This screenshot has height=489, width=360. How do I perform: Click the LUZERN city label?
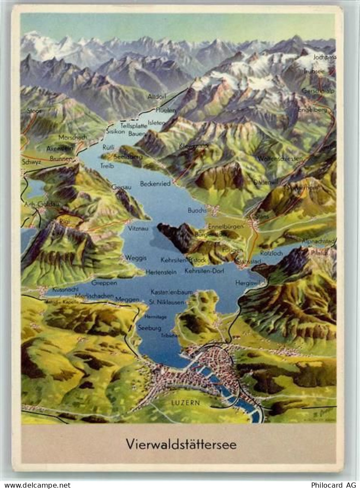click(185, 403)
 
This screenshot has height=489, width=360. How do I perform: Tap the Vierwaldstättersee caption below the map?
click(181, 444)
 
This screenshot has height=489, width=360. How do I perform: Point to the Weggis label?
click(136, 258)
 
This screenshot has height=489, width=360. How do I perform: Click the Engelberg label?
click(312, 110)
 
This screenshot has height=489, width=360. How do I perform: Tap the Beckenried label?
click(155, 183)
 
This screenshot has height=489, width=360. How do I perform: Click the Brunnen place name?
click(61, 159)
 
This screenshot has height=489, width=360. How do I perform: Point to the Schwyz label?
click(31, 162)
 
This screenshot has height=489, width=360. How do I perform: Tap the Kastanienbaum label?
click(172, 292)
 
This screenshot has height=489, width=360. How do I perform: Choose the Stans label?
click(262, 216)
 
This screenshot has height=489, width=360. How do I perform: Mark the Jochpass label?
click(325, 57)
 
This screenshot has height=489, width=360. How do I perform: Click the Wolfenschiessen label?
click(280, 159)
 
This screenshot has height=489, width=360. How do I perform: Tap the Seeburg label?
click(150, 328)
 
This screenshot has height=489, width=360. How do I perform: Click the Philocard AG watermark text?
click(334, 485)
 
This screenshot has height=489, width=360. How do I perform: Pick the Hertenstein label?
click(161, 272)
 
